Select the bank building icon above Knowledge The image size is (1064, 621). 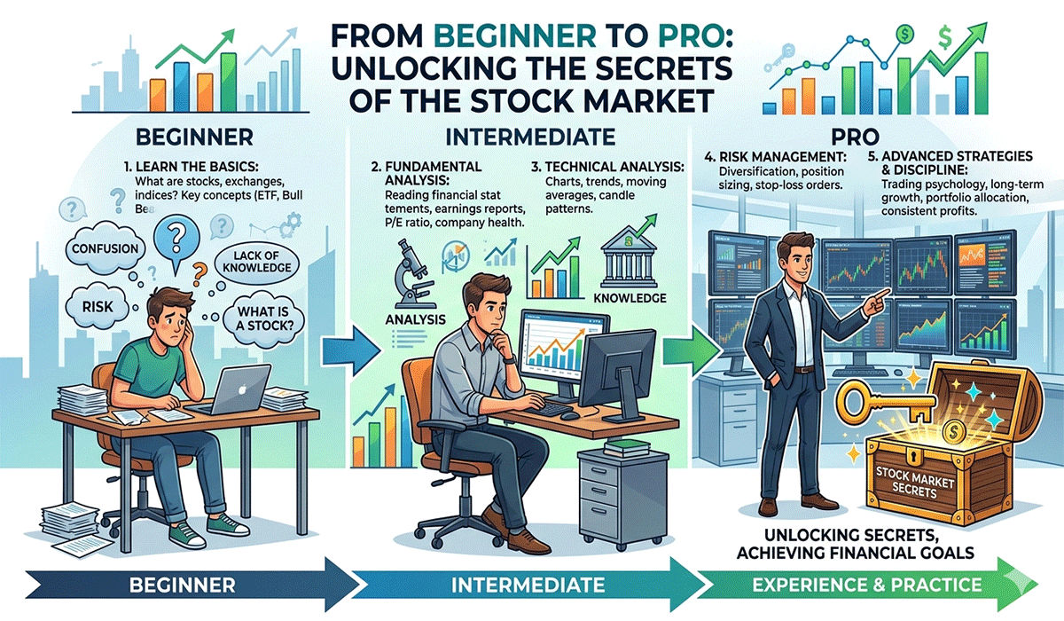point(629,257)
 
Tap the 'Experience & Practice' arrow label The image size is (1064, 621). point(864,586)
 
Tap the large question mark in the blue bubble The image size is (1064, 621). point(175,238)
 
